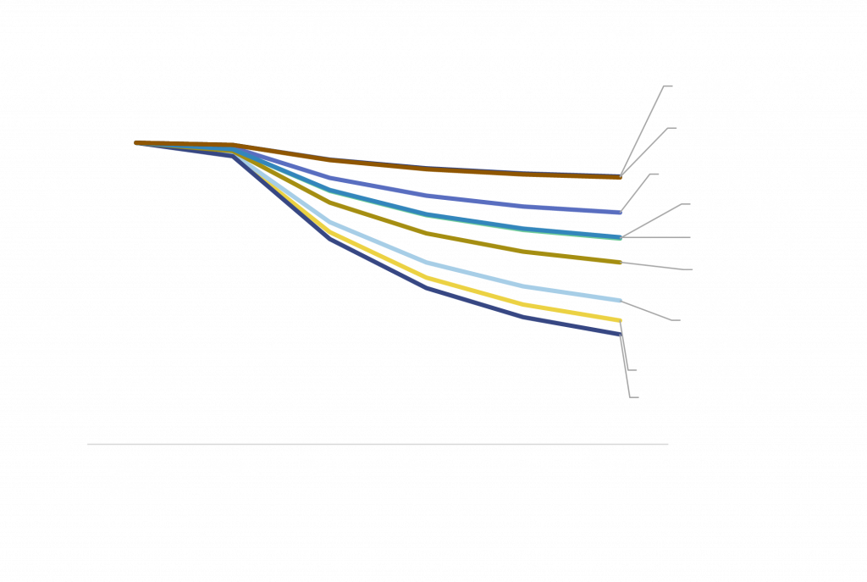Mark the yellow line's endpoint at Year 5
[620, 320]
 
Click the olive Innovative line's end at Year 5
[620, 263]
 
